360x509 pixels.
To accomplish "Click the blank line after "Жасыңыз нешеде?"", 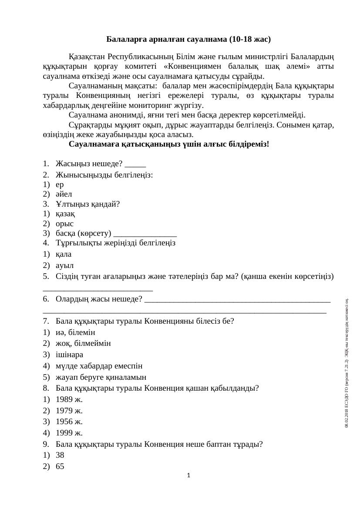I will (135, 164).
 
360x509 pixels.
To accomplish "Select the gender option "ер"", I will (60, 184).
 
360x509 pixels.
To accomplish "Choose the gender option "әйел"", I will (64, 194).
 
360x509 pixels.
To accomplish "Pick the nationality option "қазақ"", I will (65, 214).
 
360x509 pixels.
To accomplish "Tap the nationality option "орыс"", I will (65, 224).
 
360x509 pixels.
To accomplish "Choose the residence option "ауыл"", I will (64, 265).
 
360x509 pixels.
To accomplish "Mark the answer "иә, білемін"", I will (75, 332).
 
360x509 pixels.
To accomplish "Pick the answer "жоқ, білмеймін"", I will (83, 344).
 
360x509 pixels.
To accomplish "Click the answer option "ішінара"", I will (70, 355).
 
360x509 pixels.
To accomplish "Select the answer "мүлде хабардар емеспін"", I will (99, 366).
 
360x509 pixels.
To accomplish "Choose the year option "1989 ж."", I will (69, 399).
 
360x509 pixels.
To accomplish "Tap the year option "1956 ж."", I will (69, 422).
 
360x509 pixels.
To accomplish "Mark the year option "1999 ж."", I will (69, 433).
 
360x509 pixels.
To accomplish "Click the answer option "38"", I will (60, 455).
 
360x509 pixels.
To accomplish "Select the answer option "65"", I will (60, 467).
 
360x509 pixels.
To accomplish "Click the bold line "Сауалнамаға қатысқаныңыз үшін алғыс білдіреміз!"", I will (169, 144).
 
